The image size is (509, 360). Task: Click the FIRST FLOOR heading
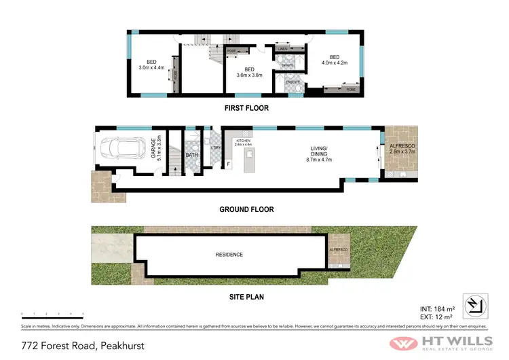pos(246,108)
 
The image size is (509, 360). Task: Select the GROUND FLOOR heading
pos(246,209)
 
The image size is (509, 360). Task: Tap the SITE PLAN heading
pos(246,296)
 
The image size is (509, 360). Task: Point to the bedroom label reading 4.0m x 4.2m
pos(334,60)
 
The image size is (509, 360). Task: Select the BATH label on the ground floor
pos(192,155)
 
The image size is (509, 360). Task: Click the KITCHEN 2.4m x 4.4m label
pos(242,142)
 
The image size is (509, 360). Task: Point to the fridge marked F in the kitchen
pos(229,164)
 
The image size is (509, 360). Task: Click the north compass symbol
pos(474,305)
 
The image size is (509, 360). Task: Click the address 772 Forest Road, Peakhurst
pos(72,345)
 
